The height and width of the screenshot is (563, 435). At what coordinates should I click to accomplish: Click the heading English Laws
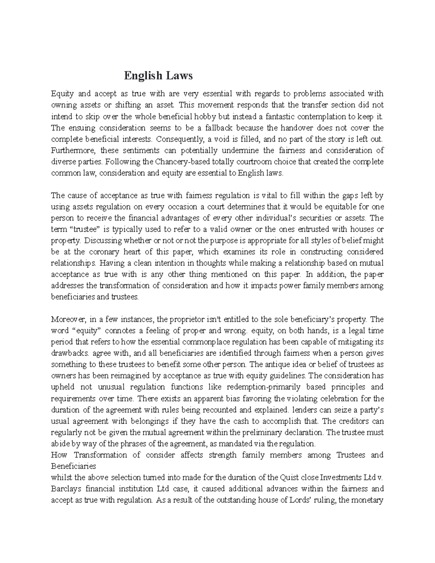pyautogui.click(x=158, y=76)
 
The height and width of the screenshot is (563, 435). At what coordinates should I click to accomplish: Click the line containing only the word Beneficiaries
pyautogui.click(x=73, y=465)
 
